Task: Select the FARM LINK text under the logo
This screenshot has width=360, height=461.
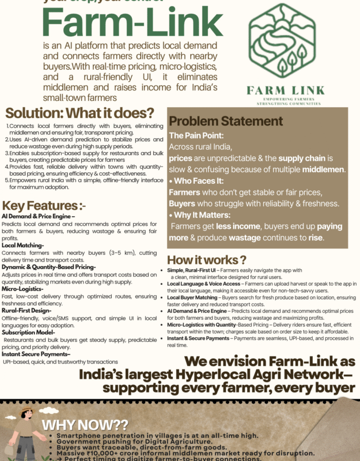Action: tap(285, 90)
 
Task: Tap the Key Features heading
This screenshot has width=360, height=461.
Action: tap(40, 206)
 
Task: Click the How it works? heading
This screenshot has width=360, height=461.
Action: tap(207, 259)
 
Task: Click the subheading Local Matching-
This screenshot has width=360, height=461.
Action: tap(22, 245)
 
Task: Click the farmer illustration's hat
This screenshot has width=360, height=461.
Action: tap(26, 413)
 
